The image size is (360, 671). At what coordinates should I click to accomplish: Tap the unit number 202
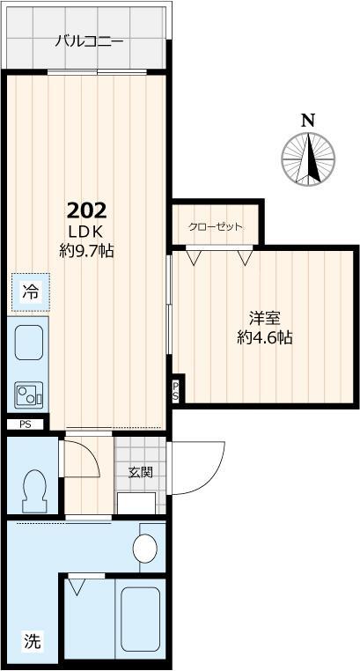coord(88,210)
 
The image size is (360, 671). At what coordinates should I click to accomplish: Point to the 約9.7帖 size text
coord(87,250)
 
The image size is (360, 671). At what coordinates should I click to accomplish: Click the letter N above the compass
coord(307,121)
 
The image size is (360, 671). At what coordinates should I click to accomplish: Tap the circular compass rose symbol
coord(308,159)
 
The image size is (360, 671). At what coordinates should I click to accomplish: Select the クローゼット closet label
coord(215,226)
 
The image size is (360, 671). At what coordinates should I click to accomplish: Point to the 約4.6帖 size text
coord(264,338)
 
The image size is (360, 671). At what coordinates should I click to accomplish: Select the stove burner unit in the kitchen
coord(29,394)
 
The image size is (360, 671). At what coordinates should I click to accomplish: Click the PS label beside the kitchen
coord(24,424)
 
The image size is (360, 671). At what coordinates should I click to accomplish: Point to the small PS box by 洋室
coord(176,391)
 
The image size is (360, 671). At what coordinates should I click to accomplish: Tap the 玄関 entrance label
coord(141,472)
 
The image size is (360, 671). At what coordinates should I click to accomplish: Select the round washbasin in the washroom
coord(144,549)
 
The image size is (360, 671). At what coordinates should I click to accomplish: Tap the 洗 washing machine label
coord(31,641)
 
